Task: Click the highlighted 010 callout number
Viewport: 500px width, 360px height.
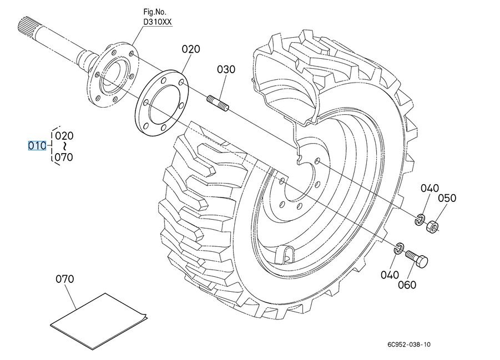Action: point(37,146)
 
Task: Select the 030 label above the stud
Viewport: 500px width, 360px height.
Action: point(226,69)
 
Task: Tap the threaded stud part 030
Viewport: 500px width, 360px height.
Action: point(218,103)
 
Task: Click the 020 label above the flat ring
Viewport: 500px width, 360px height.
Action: point(191,49)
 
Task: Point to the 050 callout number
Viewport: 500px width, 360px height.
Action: point(447,199)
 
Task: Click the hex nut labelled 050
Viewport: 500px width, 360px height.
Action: point(432,226)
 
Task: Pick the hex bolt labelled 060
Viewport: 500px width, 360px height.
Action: point(416,257)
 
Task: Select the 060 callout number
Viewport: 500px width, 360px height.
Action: point(407,285)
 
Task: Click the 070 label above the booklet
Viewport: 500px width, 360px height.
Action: point(65,279)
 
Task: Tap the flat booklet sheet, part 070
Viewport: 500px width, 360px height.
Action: point(99,321)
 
